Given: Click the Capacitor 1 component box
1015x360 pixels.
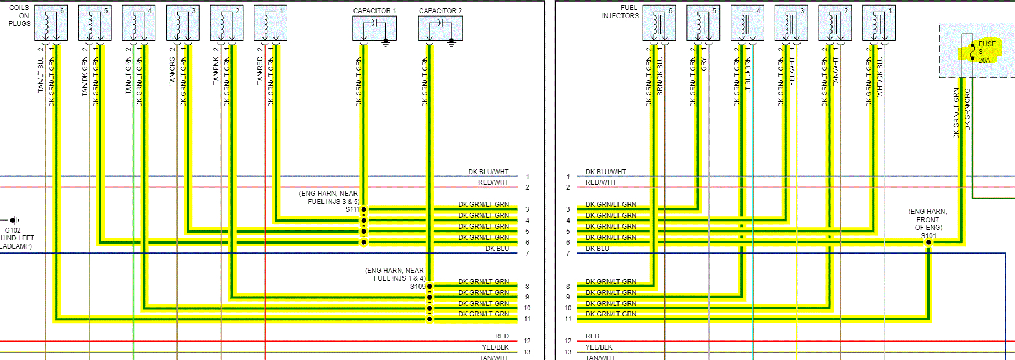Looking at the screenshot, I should pos(374,28).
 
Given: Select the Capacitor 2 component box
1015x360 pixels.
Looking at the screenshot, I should pos(440,28).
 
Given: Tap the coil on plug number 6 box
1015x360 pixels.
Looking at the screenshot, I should pos(51,23).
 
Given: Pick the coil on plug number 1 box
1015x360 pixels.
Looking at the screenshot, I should pos(270,23).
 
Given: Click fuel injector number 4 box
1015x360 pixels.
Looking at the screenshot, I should pos(747,23).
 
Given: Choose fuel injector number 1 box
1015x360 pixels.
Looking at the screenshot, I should pos(879,23).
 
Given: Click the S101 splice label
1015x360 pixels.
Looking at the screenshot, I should pos(928,235).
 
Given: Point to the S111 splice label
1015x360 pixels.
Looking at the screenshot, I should pos(352,209).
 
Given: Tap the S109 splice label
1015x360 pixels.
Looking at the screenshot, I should pos(417,287).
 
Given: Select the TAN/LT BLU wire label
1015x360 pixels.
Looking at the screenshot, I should pos(41,74).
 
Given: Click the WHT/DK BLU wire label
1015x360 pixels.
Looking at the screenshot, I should pos(879,77).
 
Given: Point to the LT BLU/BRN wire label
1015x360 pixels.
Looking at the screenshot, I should pos(748,76).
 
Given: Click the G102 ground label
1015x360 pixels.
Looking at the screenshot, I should pos(13,230).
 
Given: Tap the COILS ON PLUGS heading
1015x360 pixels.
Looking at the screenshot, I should pos(19,15).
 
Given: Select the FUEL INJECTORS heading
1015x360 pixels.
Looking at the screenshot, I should pos(620,12).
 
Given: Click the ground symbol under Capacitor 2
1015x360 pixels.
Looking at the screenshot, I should pos(452,43).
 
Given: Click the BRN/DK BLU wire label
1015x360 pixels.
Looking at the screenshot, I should pos(660,77).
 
